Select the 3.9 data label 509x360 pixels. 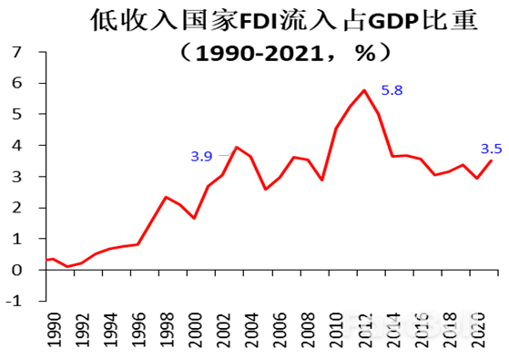(200, 156)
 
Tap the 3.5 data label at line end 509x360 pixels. (492, 149)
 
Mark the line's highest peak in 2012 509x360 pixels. (364, 90)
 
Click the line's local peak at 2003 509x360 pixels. (237, 147)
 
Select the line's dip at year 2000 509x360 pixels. (193, 218)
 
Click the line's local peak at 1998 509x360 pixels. (165, 197)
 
